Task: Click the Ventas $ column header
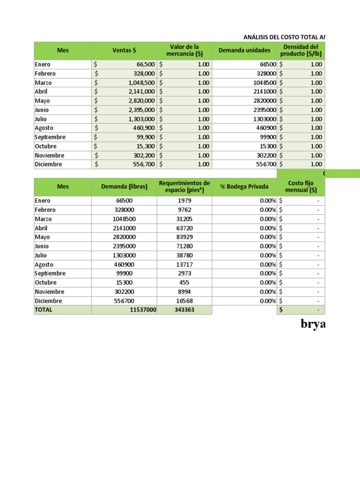pos(124,50)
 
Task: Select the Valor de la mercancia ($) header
pos(185,50)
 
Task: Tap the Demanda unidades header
pos(244,50)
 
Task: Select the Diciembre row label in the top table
pos(48,165)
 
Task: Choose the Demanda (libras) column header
pos(124,187)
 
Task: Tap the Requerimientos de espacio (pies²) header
pos(185,187)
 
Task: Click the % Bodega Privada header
pos(244,187)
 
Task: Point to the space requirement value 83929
pos(185,237)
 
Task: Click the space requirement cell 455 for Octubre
pos(185,283)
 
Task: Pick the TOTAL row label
pos(44,310)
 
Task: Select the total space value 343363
pos(185,310)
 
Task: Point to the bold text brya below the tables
pos(313,324)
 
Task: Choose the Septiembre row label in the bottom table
pos(50,273)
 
